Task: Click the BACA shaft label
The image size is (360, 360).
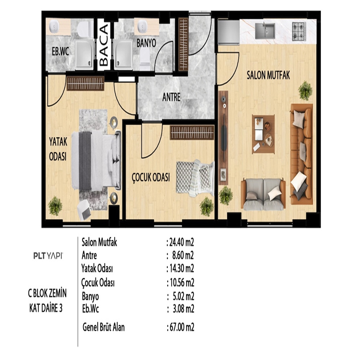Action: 104,45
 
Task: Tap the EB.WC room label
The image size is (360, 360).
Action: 60,51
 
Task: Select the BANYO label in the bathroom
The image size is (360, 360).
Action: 146,43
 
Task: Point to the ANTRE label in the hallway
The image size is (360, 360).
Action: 171,97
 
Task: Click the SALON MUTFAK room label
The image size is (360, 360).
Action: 268,75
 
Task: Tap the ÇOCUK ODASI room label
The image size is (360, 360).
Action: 151,177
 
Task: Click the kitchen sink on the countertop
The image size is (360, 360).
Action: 265,30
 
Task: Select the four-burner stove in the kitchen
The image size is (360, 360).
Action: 299,31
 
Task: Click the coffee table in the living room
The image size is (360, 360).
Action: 264,134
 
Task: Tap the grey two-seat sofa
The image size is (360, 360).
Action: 264,194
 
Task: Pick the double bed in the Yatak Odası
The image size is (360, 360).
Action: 96,160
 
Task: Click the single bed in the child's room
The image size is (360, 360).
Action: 195,179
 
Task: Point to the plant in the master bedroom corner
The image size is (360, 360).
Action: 55,206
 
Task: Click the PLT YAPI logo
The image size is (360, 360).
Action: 48,256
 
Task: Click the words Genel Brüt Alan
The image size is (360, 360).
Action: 104,327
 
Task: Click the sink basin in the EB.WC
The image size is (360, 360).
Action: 54,26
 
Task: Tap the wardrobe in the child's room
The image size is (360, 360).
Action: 192,132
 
